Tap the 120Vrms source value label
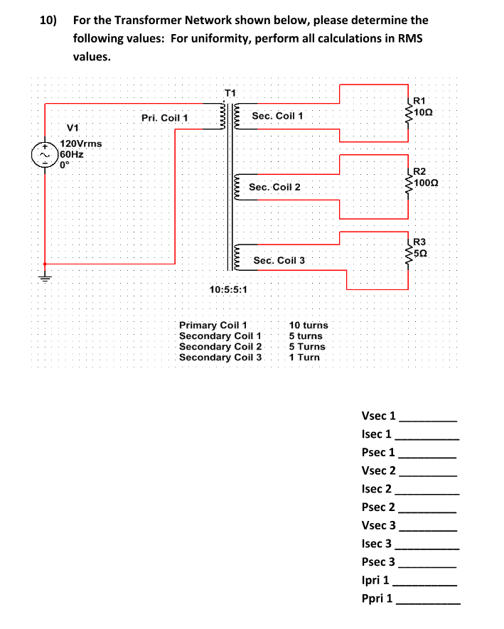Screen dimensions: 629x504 click(80, 144)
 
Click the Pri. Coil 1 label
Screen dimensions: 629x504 click(164, 118)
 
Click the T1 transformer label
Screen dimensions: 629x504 click(230, 92)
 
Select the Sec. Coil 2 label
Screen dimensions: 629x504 click(274, 187)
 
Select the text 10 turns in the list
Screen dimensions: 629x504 click(308, 325)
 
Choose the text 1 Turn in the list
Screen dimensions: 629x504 click(304, 357)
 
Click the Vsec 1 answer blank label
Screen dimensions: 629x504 click(378, 416)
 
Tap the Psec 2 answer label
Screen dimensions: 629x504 click(378, 507)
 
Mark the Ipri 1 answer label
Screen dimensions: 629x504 click(375, 580)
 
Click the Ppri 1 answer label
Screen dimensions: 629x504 click(377, 598)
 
